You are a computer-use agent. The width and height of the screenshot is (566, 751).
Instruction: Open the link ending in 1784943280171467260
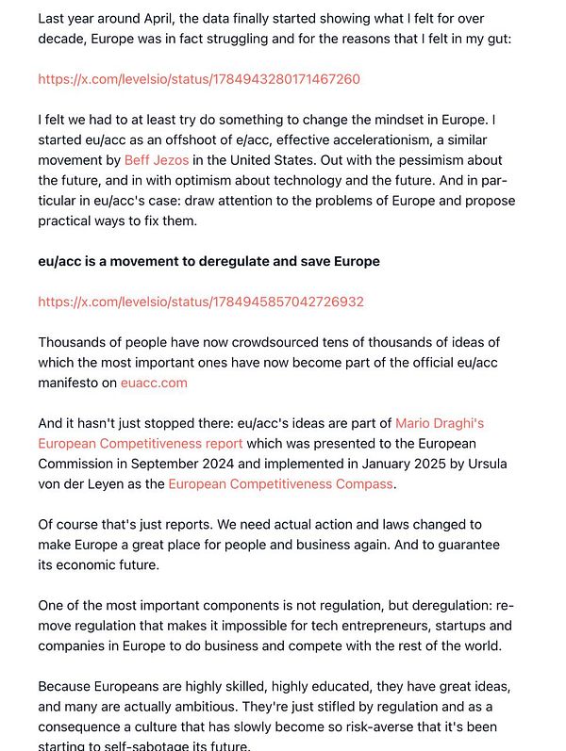(199, 79)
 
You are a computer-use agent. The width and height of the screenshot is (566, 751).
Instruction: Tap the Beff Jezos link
(157, 160)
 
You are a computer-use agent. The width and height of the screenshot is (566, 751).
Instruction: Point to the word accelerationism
(353, 140)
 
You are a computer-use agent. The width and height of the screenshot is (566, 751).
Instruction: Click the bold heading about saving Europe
(208, 261)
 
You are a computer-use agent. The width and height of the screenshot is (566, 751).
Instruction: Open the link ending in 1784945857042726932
(201, 302)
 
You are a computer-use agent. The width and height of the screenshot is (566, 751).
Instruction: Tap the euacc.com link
(154, 383)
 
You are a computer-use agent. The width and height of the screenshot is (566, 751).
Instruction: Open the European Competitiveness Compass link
(280, 483)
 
